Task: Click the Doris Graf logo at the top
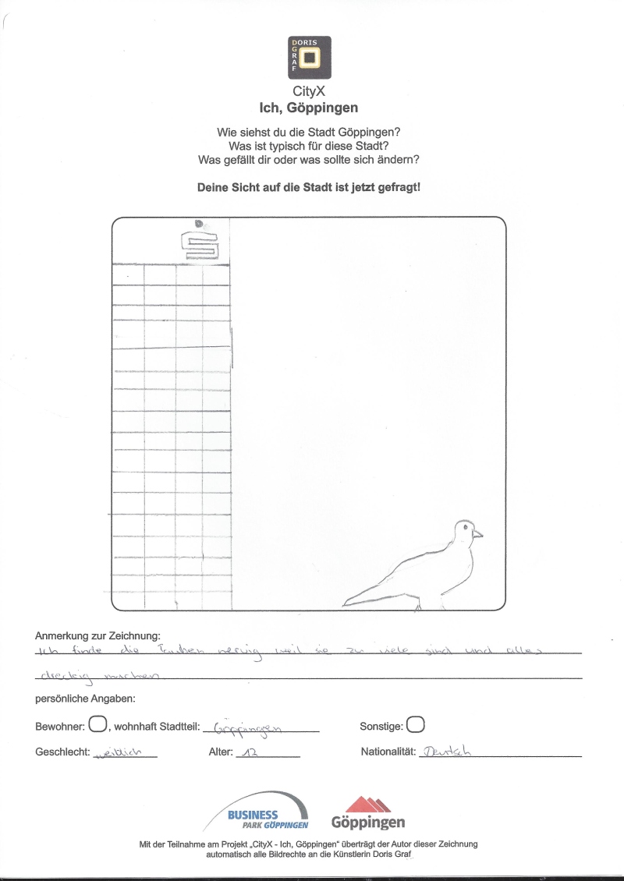coord(309,57)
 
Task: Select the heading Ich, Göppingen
coord(309,108)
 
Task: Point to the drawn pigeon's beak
coord(478,534)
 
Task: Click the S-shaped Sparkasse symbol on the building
coord(200,245)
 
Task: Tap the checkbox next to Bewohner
coord(97,725)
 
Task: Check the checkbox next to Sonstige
coord(416,725)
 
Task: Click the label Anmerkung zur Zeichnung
coord(97,636)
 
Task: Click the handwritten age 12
coord(251,753)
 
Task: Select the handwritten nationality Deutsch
coord(446,752)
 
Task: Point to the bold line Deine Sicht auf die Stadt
coord(309,188)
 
